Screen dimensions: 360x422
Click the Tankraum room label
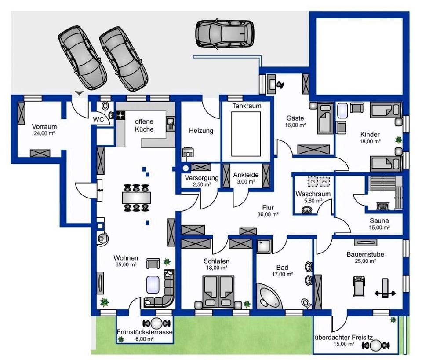(x=247, y=106)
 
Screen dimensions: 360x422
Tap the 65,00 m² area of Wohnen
(x=126, y=264)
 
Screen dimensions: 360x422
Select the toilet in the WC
(x=105, y=107)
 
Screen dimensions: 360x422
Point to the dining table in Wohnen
(x=136, y=196)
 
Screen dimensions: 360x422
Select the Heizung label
(x=201, y=131)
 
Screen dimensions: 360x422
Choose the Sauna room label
(x=379, y=220)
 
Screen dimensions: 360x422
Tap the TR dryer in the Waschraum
(x=313, y=181)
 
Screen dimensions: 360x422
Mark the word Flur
(x=269, y=208)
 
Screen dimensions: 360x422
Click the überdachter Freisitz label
(x=343, y=338)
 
